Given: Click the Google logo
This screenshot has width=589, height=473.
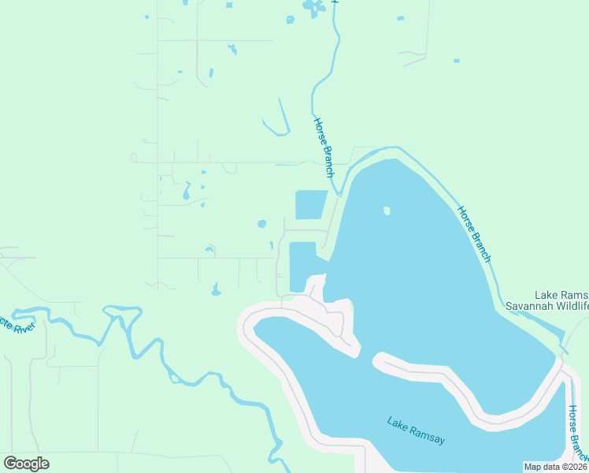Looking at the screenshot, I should point(26,464).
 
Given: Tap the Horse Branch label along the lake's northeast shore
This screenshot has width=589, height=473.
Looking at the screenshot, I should point(475,233).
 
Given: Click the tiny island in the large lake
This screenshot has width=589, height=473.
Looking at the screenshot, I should point(386,210).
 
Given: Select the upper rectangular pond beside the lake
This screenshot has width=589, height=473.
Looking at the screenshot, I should point(310,205).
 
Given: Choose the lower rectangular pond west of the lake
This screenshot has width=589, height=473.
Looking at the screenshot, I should point(302,266).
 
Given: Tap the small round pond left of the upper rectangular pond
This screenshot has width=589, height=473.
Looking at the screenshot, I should point(261,224).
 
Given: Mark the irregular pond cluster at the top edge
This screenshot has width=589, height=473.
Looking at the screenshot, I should point(313,9).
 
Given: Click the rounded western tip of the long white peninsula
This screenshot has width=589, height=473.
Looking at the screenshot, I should point(380,363).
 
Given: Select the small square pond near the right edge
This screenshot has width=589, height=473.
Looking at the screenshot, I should point(456,60).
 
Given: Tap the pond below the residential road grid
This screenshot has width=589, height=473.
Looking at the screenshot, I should point(216,290).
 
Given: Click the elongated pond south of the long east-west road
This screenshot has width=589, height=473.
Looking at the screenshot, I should point(187,192).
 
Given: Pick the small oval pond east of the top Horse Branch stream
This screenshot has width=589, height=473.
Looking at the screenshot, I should point(400,18).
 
